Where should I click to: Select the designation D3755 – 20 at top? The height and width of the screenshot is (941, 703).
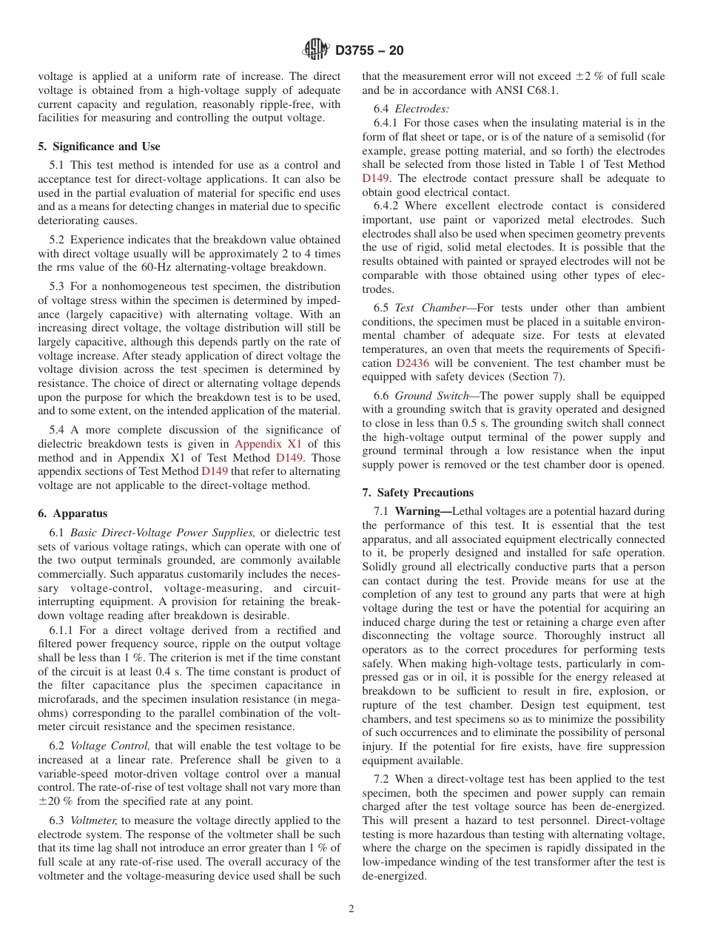pyautogui.click(x=369, y=51)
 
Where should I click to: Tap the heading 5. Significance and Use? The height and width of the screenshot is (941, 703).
pyautogui.click(x=98, y=146)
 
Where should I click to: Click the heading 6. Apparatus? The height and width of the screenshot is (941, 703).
pyautogui.click(x=73, y=513)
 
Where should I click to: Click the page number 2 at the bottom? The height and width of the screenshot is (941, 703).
pyautogui.click(x=351, y=909)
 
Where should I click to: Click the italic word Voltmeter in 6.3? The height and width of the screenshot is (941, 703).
pyautogui.click(x=94, y=820)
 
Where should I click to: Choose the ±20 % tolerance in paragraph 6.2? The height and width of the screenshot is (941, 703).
pyautogui.click(x=55, y=802)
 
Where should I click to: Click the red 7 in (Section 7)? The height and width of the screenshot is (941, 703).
pyautogui.click(x=556, y=377)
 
